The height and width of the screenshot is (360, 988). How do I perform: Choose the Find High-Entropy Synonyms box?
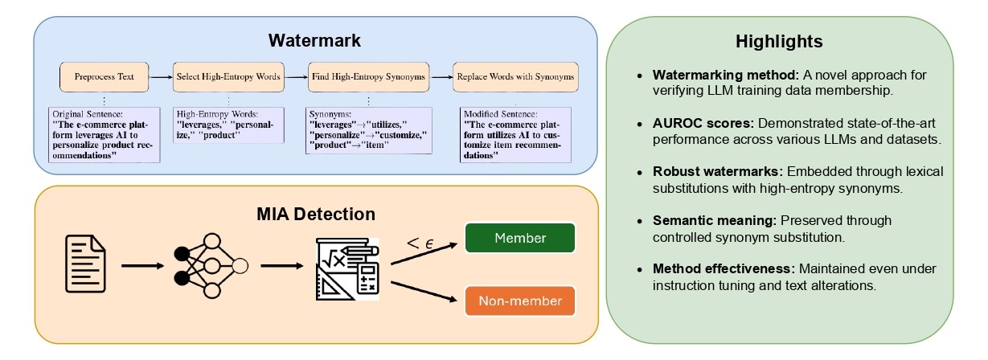[367, 78]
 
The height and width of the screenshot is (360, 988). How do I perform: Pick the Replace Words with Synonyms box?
[514, 78]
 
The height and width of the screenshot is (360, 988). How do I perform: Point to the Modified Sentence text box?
[514, 133]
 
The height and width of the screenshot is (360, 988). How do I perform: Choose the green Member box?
[519, 238]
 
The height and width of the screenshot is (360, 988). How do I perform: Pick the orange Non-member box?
[519, 302]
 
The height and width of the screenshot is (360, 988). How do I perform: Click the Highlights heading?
[779, 41]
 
